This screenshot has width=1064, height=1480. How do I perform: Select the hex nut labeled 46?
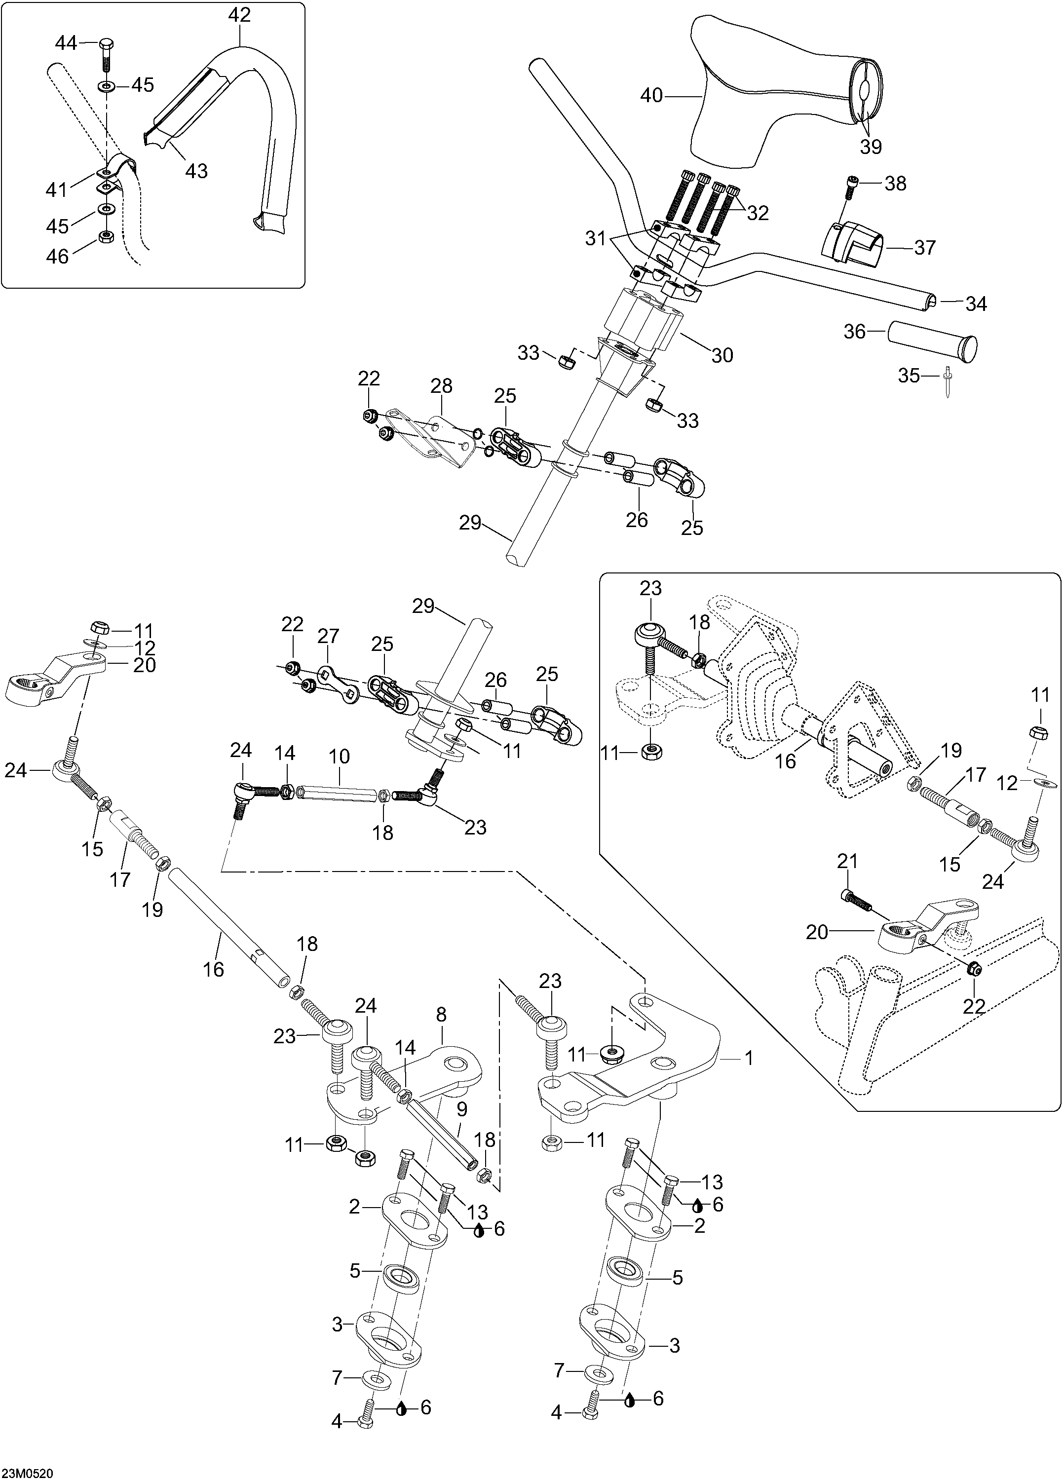tap(105, 236)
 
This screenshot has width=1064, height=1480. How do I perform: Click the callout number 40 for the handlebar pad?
tap(651, 96)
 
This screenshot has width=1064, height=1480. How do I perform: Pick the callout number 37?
tap(925, 247)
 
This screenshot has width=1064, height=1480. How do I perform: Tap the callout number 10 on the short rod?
tap(340, 757)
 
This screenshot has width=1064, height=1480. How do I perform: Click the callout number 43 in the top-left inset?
tap(196, 170)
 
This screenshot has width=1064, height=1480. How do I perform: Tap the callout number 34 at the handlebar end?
tap(976, 304)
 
